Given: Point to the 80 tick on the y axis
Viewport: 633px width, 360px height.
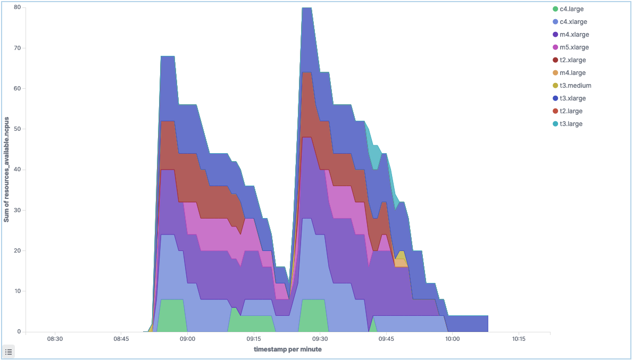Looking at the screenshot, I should click(17, 7).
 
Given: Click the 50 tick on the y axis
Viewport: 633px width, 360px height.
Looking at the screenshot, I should click(17, 129).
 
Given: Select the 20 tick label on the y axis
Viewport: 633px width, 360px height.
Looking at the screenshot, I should click(17, 250).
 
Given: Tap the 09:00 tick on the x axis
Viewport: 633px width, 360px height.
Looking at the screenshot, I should click(187, 339).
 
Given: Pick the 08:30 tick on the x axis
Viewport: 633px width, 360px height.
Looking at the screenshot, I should click(55, 339).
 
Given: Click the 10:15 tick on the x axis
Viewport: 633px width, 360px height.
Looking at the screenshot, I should click(519, 339).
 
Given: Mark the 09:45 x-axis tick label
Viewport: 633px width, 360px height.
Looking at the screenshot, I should click(386, 339).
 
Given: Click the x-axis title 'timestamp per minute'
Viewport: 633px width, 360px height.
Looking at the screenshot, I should click(288, 349).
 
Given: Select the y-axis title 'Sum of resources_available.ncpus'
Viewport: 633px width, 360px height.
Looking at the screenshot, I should click(7, 170).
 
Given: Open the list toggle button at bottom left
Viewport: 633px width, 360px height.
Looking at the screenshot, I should click(9, 351).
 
